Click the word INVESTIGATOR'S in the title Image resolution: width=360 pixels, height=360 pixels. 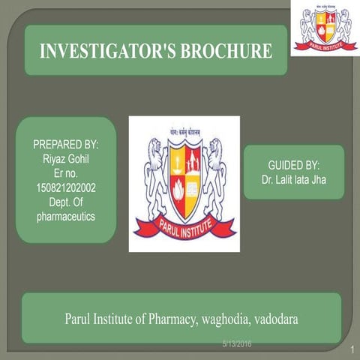tap(103, 52)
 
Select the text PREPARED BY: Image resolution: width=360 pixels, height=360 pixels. tap(66, 144)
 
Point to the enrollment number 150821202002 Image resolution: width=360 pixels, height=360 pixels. tap(66, 187)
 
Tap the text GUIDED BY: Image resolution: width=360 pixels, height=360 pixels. tap(294, 165)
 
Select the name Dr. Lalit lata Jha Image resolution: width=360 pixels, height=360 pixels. tap(294, 180)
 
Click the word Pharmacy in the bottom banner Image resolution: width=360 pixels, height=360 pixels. tap(165, 318)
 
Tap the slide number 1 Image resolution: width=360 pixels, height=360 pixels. tap(351, 350)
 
